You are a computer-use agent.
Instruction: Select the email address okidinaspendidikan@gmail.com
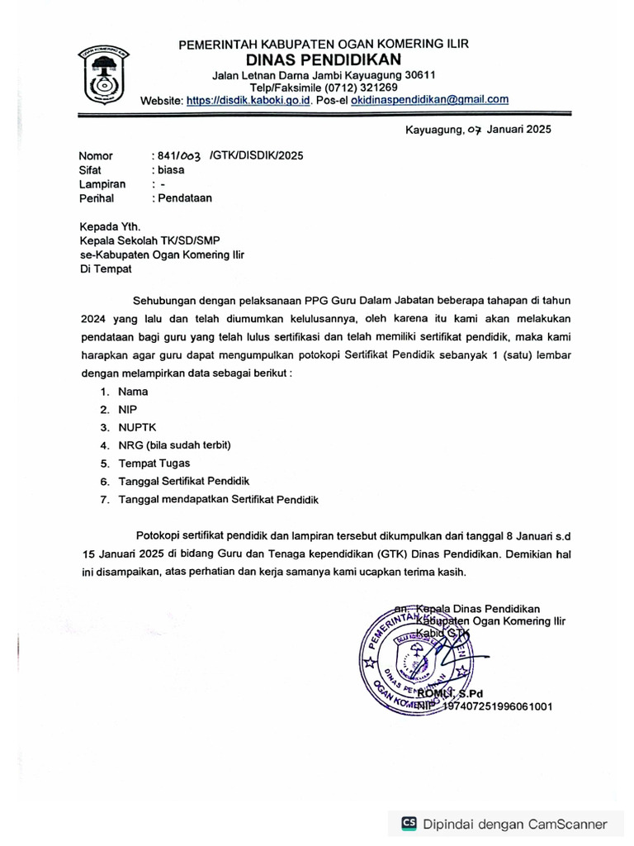429,99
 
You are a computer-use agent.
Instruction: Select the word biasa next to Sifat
171,169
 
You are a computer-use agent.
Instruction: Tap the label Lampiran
102,184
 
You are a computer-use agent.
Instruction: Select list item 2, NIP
127,410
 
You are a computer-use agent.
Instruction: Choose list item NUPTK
136,428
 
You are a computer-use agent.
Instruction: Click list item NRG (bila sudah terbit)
174,445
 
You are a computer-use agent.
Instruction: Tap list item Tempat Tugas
154,463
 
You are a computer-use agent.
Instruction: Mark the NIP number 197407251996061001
498,706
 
